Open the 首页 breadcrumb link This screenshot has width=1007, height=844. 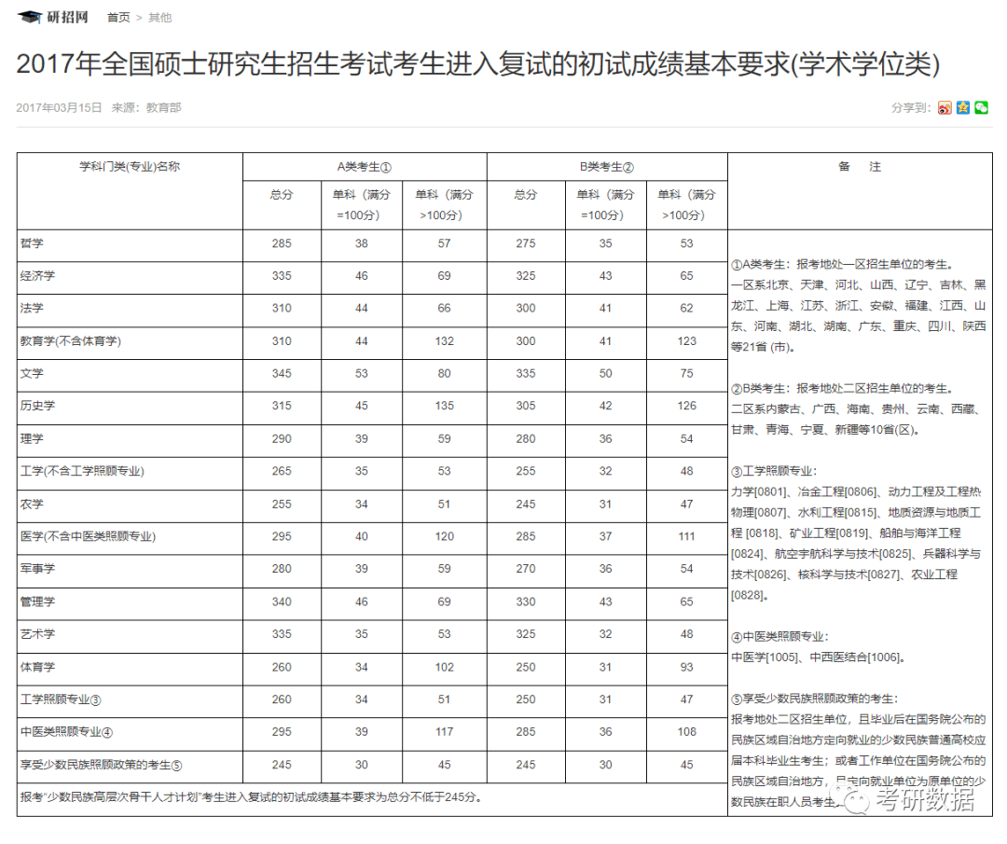118,18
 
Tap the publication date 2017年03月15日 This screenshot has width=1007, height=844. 59,107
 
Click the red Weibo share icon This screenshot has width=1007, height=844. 945,107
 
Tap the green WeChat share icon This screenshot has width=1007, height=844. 981,107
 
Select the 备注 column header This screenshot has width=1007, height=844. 859,167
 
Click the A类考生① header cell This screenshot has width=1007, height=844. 364,167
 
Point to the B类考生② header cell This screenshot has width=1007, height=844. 606,167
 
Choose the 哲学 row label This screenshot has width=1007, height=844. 32,243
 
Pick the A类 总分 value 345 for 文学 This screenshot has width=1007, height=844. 282,374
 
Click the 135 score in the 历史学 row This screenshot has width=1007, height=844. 444,406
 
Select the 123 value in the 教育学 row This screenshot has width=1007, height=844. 687,341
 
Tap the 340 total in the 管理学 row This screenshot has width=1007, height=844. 282,602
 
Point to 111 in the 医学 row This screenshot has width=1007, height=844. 687,536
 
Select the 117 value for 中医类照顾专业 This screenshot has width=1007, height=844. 444,732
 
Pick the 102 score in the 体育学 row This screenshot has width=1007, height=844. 444,667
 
